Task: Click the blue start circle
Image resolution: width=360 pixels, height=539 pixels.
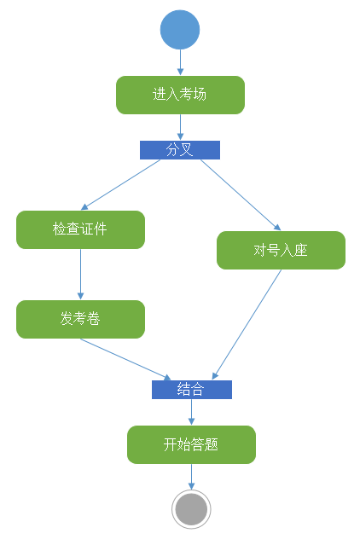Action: click(180, 30)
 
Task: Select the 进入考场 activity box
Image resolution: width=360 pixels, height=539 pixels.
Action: click(180, 95)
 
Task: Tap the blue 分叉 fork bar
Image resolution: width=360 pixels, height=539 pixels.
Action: click(180, 150)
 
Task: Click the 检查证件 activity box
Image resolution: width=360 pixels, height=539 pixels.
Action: click(80, 229)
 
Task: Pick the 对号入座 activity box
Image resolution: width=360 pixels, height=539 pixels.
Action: click(281, 250)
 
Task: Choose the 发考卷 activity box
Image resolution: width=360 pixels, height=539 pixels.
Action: click(80, 319)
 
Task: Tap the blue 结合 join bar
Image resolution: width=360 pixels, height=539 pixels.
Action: click(192, 390)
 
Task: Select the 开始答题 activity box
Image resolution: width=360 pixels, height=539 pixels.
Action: click(192, 445)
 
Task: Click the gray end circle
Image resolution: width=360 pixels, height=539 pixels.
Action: click(192, 509)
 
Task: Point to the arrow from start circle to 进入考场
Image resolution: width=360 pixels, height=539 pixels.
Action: click(180, 62)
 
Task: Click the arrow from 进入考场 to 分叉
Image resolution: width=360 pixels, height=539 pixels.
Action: click(180, 127)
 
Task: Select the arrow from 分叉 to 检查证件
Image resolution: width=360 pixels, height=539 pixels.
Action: click(120, 185)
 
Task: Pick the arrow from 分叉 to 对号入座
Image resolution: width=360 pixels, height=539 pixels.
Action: click(241, 195)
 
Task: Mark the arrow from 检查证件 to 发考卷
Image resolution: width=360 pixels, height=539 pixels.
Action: click(80, 275)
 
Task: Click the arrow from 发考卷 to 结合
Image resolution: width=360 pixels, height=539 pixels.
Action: click(125, 359)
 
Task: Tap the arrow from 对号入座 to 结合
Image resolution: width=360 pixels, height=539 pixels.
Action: click(247, 324)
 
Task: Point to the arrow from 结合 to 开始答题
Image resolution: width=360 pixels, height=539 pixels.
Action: click(192, 412)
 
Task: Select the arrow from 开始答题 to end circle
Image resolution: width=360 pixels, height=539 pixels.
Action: click(192, 477)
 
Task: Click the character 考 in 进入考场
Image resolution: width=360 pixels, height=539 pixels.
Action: click(186, 94)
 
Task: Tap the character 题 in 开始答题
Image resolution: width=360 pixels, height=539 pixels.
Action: click(211, 444)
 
